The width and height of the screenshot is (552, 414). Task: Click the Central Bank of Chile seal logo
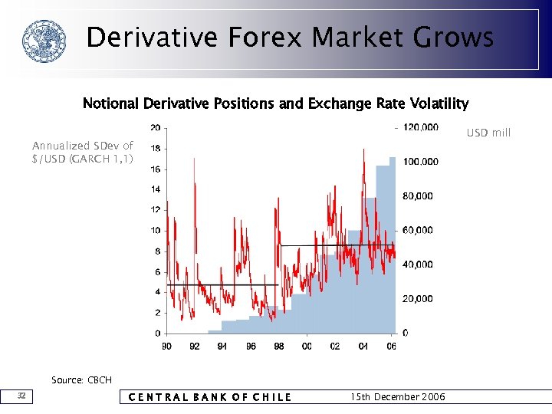click(x=44, y=41)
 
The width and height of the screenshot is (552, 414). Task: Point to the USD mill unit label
click(x=488, y=133)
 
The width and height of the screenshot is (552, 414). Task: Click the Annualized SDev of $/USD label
click(x=83, y=152)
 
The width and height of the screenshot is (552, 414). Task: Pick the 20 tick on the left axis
click(x=155, y=127)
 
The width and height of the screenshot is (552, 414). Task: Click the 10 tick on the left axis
click(x=155, y=230)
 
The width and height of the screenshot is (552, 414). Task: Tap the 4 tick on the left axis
click(x=157, y=292)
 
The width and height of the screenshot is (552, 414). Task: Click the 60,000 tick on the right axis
click(x=418, y=230)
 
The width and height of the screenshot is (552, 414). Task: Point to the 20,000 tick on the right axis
click(x=418, y=299)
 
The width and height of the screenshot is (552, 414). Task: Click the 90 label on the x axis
click(x=166, y=347)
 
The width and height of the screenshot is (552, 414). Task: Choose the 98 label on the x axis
click(x=279, y=347)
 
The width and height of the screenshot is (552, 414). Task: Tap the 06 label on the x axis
click(x=392, y=347)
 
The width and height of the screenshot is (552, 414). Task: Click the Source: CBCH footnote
click(x=81, y=380)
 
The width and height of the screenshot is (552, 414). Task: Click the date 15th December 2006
click(x=396, y=397)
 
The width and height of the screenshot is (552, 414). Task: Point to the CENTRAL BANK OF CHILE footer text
click(x=209, y=397)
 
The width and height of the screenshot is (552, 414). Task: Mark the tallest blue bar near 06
click(x=393, y=245)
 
